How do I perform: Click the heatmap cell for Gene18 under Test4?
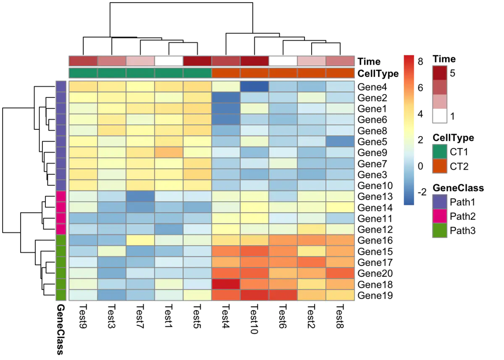226,284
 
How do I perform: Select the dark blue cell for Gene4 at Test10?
255,87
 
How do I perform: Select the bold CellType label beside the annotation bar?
378,74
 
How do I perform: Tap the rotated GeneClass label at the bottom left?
60,330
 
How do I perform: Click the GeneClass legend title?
458,188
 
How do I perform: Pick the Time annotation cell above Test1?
169,61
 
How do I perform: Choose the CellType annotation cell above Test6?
283,73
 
